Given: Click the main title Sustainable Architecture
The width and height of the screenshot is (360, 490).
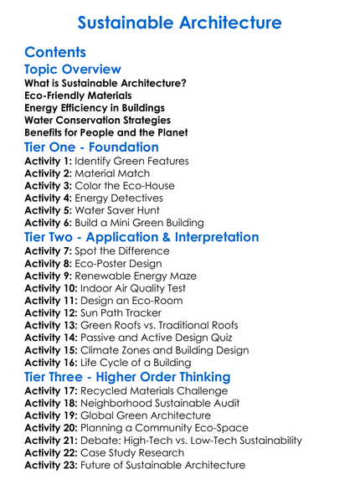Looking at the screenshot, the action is pyautogui.click(x=179, y=22).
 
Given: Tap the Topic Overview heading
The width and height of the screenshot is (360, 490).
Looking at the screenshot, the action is pyautogui.click(x=73, y=70).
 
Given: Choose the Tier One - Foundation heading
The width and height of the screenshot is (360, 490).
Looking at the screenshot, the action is pyautogui.click(x=91, y=147).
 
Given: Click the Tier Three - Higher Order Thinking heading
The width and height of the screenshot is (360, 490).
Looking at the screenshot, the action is pyautogui.click(x=127, y=377).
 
